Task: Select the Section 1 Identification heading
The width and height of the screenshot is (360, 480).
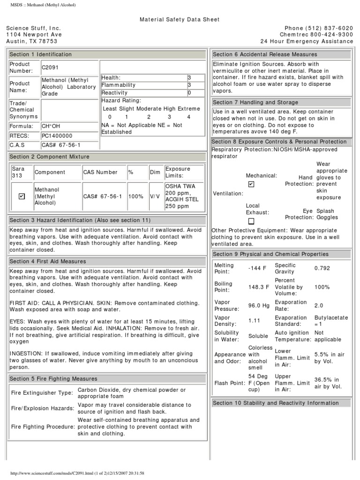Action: [41, 54]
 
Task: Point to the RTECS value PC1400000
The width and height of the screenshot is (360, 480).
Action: [57, 136]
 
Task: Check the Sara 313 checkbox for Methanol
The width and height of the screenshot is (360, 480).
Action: [22, 196]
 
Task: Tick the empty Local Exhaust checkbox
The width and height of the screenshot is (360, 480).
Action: [251, 221]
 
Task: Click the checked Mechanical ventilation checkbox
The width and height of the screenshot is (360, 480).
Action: [251, 184]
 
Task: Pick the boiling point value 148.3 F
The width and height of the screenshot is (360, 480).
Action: [259, 287]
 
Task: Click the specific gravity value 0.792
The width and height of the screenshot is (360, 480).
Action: [322, 269]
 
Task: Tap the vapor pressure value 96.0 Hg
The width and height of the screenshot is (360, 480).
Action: [259, 306]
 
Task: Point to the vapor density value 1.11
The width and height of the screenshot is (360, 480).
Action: [254, 321]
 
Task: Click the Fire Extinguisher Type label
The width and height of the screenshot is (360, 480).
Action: [42, 393]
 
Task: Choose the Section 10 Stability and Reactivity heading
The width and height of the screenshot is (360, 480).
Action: [276, 403]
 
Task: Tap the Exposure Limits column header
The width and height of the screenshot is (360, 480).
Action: [178, 172]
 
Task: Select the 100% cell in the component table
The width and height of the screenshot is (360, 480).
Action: [135, 196]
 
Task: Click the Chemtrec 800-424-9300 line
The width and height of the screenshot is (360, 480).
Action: [316, 35]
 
